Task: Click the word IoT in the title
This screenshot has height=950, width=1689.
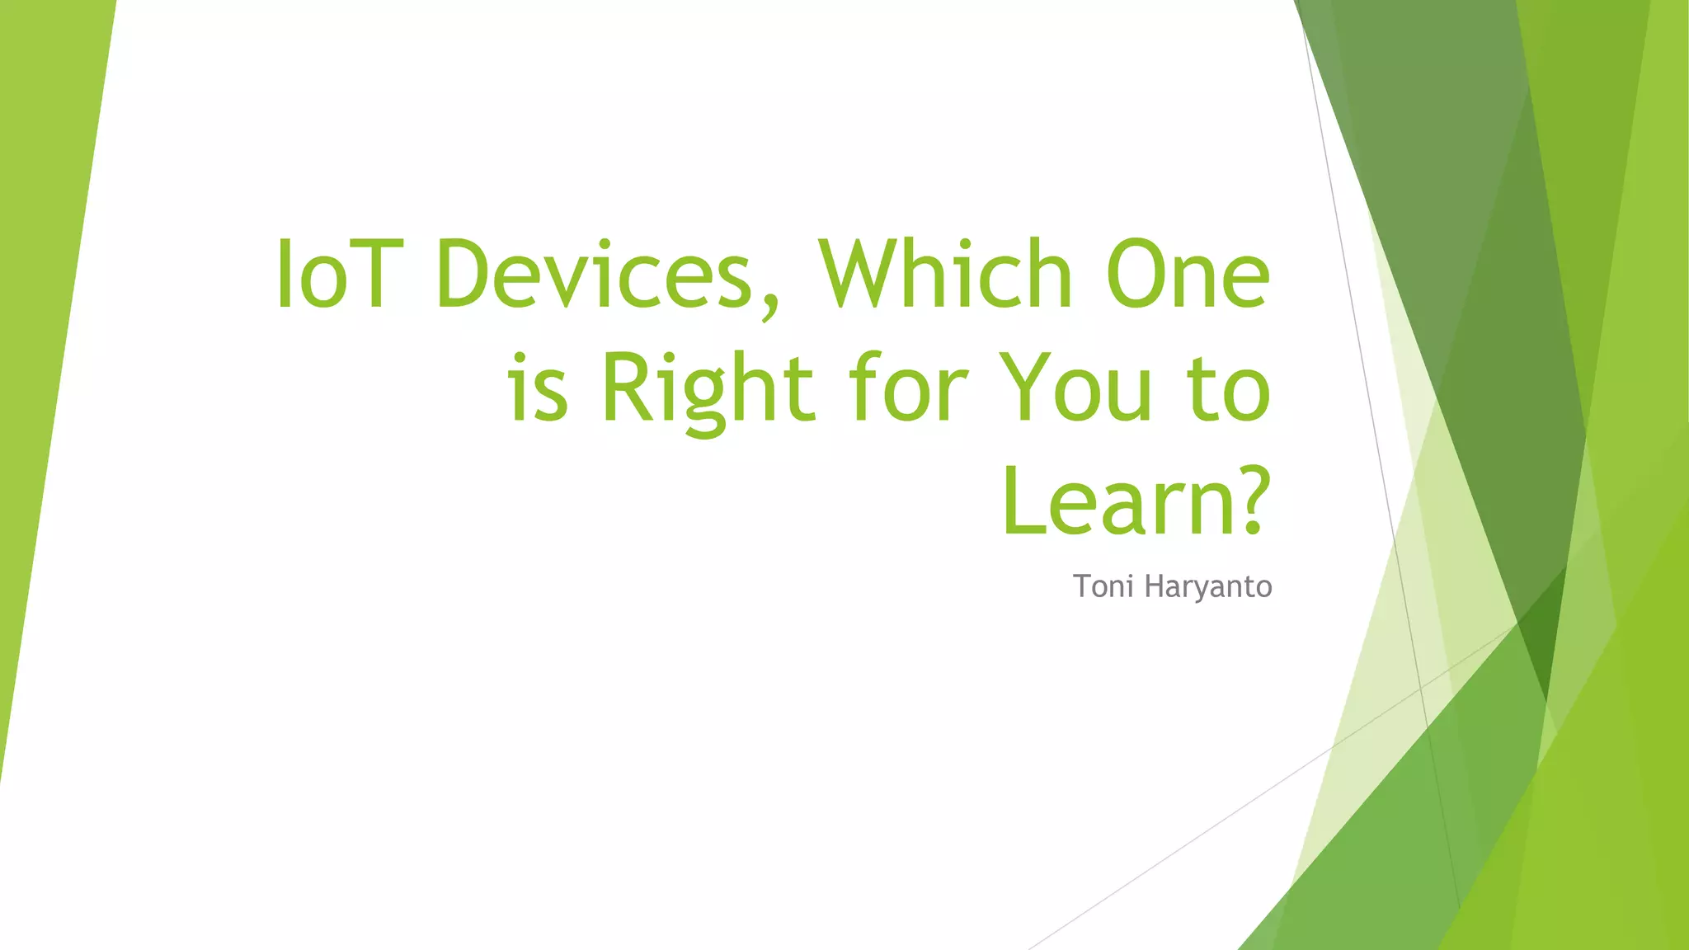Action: pyautogui.click(x=341, y=275)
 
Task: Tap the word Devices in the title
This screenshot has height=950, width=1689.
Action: pyautogui.click(x=594, y=275)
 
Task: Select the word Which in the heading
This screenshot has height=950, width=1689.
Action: pyautogui.click(x=945, y=275)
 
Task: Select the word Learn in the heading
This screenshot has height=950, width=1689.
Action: pyautogui.click(x=1118, y=501)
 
